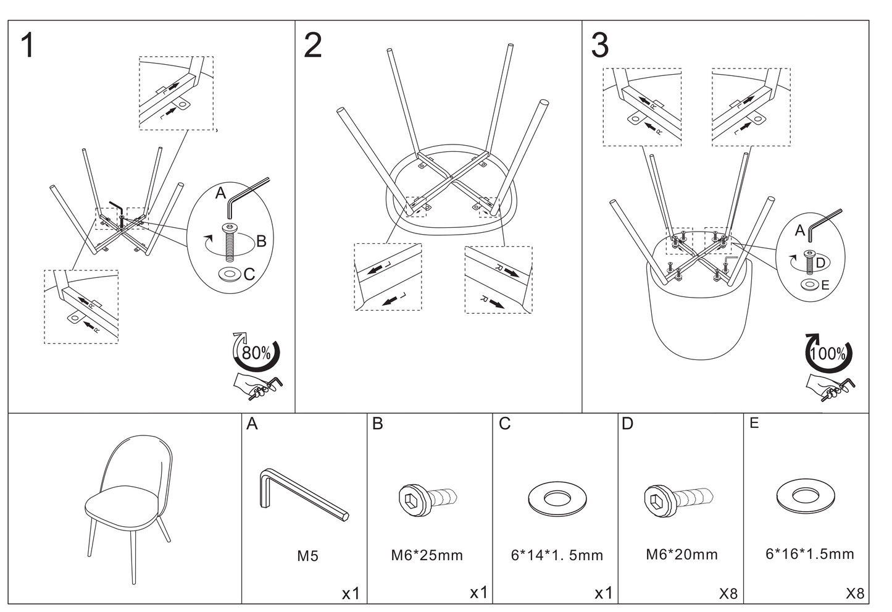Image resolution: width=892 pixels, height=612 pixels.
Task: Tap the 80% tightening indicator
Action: click(x=256, y=353)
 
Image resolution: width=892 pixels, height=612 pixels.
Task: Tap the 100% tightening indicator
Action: click(x=828, y=354)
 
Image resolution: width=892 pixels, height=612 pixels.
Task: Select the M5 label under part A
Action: click(x=307, y=556)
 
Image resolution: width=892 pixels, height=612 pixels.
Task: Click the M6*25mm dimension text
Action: click(x=427, y=555)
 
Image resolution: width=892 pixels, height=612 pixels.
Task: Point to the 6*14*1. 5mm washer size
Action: click(x=557, y=555)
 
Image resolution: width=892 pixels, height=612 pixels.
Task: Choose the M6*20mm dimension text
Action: click(x=682, y=554)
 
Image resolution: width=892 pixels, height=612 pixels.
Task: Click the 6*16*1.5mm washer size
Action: click(x=810, y=553)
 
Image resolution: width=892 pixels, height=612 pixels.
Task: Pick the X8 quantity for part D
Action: click(x=728, y=594)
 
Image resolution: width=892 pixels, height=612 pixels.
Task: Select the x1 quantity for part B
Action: click(x=479, y=593)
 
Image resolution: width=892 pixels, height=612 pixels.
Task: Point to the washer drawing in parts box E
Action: click(x=805, y=495)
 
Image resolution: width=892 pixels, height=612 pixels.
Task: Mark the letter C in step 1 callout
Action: click(x=249, y=274)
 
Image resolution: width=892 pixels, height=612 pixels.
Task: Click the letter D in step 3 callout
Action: click(x=820, y=263)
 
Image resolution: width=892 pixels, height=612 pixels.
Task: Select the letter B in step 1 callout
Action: click(x=261, y=241)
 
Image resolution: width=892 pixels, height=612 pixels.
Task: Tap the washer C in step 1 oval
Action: click(x=230, y=274)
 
